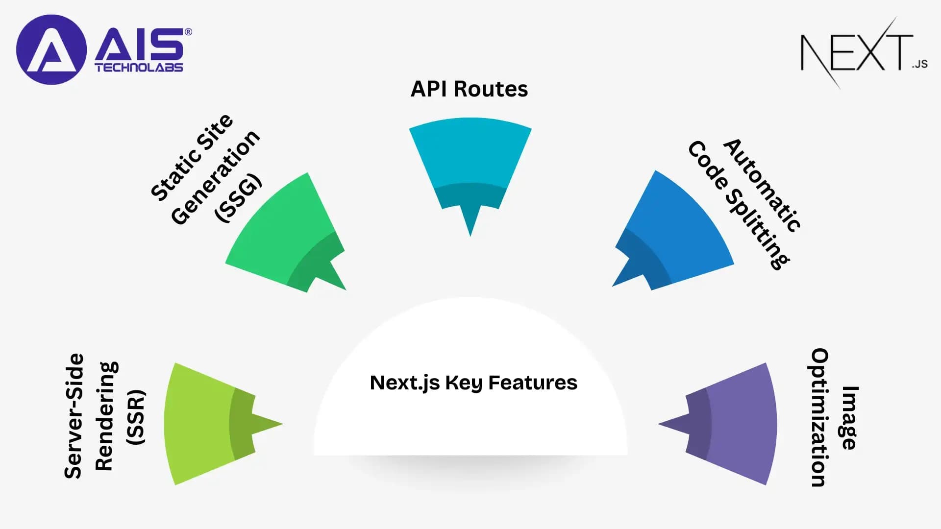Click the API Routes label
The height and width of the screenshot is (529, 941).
(x=469, y=89)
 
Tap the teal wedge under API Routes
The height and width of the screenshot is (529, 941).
(x=470, y=157)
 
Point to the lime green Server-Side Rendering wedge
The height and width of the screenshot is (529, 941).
(x=201, y=424)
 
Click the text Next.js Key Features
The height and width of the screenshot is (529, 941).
(x=473, y=383)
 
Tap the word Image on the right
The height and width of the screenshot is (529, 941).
(x=850, y=417)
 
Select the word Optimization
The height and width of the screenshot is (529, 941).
(x=819, y=417)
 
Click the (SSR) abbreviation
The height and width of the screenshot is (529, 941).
(x=135, y=417)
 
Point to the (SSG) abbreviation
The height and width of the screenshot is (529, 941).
(x=239, y=198)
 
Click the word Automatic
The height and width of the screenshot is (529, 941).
(x=763, y=185)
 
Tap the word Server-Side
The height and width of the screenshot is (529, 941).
(x=74, y=415)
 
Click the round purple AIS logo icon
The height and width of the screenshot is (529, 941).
(x=51, y=49)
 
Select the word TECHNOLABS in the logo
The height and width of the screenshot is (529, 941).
(x=139, y=68)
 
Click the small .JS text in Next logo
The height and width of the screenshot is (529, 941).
(x=920, y=64)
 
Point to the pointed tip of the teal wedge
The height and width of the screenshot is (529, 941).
(x=470, y=234)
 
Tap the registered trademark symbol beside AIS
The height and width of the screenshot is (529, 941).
(x=188, y=32)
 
